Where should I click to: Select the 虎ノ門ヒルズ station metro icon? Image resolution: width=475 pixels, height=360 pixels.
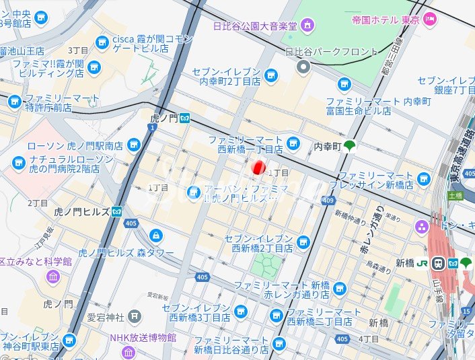[x=117, y=211]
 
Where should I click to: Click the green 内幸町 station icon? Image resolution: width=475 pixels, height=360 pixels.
[x=349, y=145]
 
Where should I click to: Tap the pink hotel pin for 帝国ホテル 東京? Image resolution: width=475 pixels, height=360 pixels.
[x=431, y=20]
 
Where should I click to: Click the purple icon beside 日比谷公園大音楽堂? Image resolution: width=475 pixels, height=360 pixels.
[x=307, y=26]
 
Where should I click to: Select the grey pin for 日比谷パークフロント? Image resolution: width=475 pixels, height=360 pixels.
[x=303, y=66]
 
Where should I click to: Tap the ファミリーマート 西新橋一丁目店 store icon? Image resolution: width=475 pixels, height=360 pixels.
[x=293, y=143]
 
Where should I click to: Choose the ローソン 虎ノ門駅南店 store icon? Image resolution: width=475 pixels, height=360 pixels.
[x=133, y=145]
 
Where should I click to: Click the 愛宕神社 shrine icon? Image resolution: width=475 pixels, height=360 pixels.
[x=135, y=315]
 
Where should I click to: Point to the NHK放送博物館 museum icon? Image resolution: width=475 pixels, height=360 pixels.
[x=129, y=352]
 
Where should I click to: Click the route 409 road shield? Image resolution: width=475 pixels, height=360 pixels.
[x=328, y=201]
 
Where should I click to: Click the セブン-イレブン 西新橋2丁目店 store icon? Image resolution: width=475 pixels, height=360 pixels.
[x=303, y=242]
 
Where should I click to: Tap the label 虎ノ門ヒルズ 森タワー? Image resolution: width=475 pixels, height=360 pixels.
[x=126, y=253]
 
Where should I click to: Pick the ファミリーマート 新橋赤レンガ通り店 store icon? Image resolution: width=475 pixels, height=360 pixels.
[x=340, y=289]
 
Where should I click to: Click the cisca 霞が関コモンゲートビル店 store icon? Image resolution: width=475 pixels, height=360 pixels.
[x=102, y=43]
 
